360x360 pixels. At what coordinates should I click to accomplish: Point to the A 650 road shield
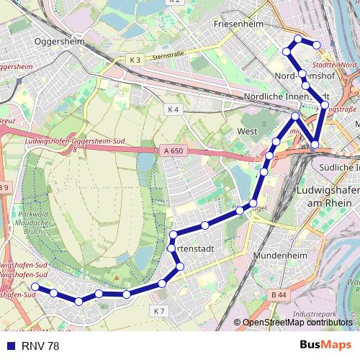pyautogui.click(x=171, y=150)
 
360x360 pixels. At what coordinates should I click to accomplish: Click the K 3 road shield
pyautogui.click(x=137, y=58)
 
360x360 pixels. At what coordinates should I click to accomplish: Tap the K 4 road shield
pyautogui.click(x=171, y=109)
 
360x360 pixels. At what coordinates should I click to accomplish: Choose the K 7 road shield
pyautogui.click(x=159, y=311)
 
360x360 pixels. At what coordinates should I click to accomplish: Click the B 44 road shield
pyautogui.click(x=279, y=294)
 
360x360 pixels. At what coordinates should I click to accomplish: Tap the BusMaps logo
pyautogui.click(x=326, y=346)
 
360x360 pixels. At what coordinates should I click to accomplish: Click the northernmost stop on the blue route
pyautogui.click(x=297, y=38)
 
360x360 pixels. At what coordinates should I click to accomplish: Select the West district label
pyautogui.click(x=247, y=132)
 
